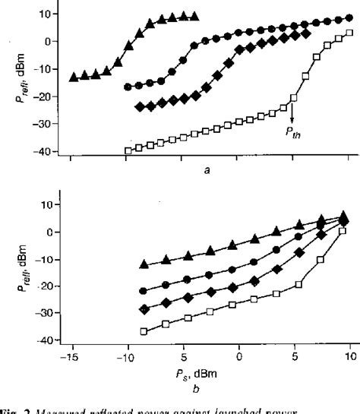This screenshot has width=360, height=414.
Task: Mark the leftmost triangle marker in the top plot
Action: [x=73, y=77]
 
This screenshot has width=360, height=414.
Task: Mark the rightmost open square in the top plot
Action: [x=349, y=33]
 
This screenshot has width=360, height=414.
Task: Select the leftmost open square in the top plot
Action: [x=128, y=151]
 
